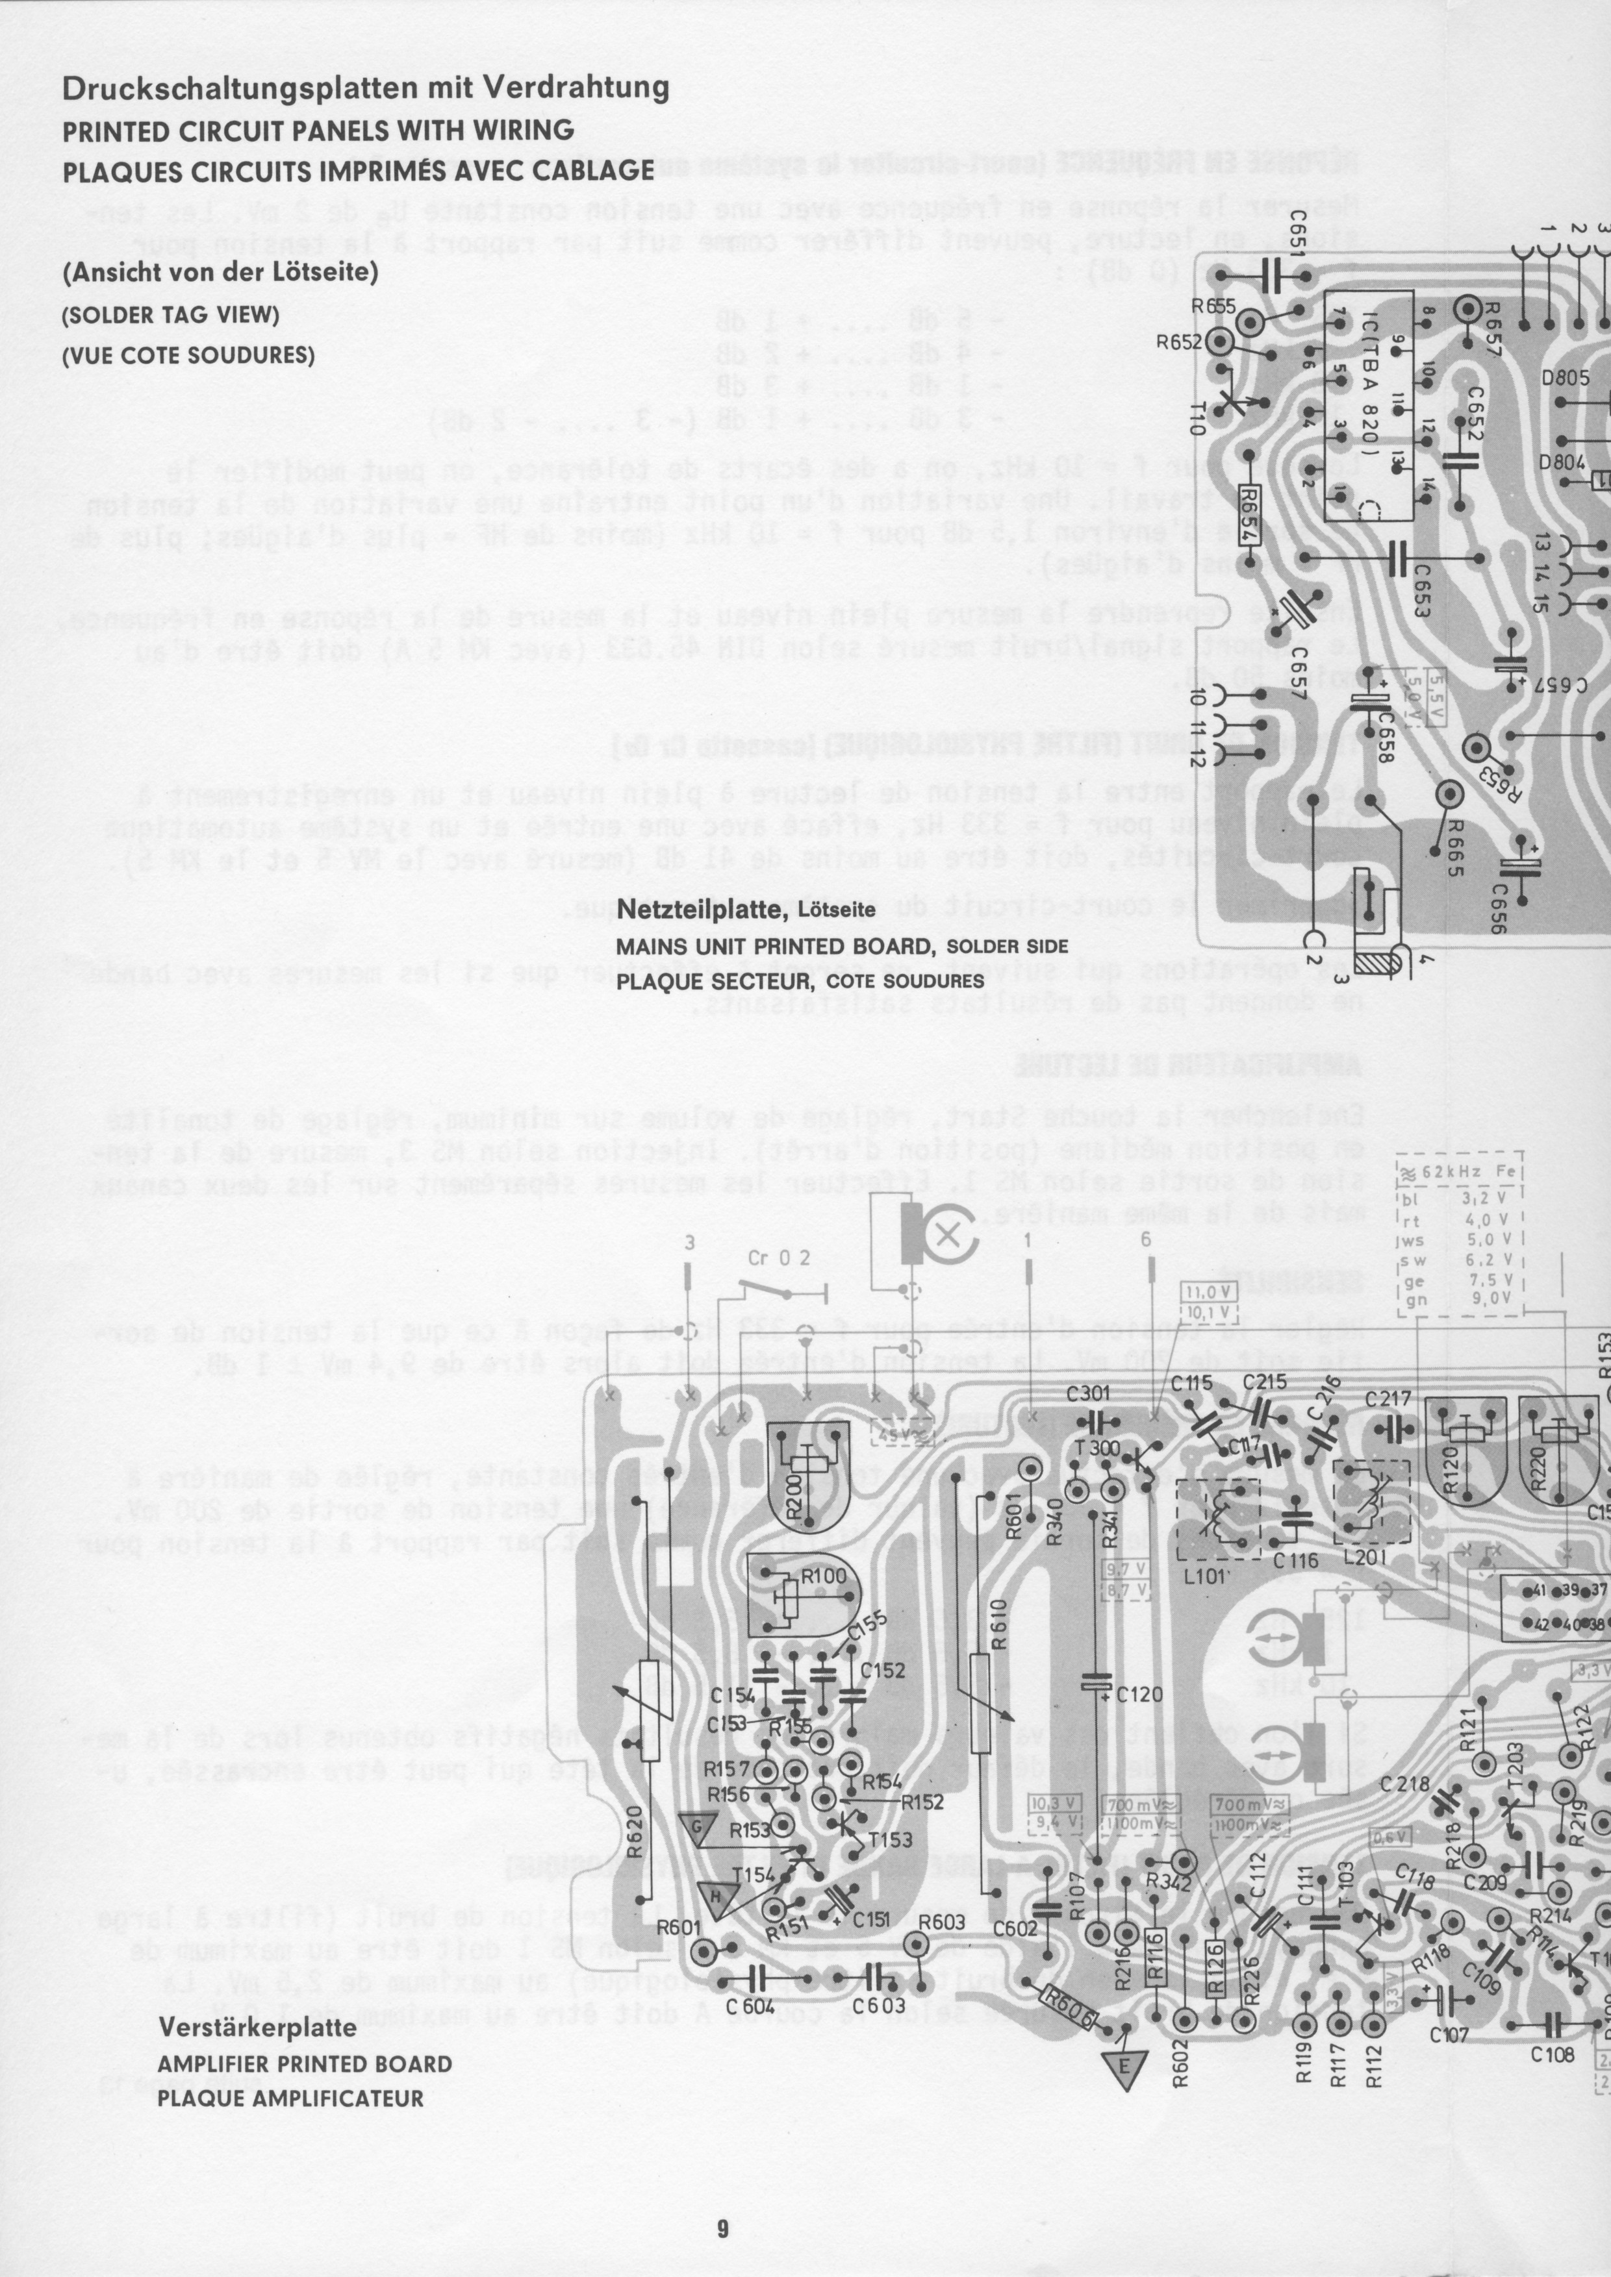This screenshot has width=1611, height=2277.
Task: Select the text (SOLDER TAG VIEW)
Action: click(171, 316)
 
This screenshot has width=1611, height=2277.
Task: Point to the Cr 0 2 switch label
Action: click(779, 1258)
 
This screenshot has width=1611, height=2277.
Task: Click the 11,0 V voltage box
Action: click(1207, 1292)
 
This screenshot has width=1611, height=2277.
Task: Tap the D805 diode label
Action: click(1564, 378)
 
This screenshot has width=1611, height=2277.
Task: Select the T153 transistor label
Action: click(890, 1839)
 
